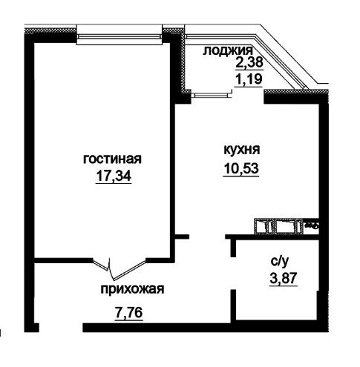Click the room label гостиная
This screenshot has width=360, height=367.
(x=112, y=159)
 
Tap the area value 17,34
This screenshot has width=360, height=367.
(x=114, y=176)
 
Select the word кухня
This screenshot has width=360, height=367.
(x=241, y=150)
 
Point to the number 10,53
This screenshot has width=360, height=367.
(x=241, y=169)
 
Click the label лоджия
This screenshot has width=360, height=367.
(x=228, y=50)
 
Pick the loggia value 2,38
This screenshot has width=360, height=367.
(x=249, y=62)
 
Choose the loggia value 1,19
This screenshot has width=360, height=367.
(x=248, y=79)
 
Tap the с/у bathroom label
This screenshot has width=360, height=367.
(x=280, y=262)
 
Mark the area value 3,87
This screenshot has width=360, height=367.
(x=284, y=279)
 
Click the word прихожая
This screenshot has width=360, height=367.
(x=132, y=289)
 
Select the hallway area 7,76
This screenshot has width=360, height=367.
(x=128, y=312)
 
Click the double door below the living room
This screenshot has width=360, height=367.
(x=119, y=268)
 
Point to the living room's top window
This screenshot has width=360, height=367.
(x=120, y=36)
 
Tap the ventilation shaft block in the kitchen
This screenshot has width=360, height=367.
(x=279, y=226)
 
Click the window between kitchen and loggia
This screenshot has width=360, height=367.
(x=211, y=94)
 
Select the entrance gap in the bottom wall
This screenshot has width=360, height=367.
(x=61, y=327)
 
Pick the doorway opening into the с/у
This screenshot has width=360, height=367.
(x=233, y=273)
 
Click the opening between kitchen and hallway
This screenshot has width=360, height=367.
(x=207, y=237)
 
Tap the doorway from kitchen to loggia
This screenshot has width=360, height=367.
(x=248, y=96)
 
